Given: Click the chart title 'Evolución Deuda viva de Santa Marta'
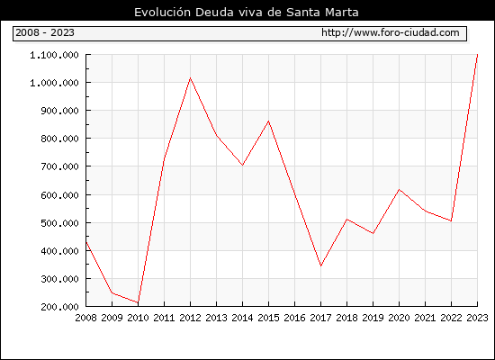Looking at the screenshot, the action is click(x=247, y=13).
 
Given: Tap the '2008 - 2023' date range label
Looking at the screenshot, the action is click(x=45, y=32).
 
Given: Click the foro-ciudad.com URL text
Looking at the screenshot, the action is click(x=391, y=32).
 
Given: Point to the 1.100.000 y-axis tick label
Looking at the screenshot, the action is click(x=54, y=55).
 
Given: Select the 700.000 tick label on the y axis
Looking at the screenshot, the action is click(x=59, y=166).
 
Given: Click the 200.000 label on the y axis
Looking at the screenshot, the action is click(x=59, y=307).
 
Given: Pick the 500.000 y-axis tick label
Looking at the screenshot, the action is click(x=59, y=223).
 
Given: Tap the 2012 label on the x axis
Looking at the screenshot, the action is click(x=190, y=318).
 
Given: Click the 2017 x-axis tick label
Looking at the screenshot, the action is click(x=320, y=318).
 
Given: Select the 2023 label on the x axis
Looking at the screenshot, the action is click(x=477, y=318).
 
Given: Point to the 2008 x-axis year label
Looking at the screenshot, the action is click(x=85, y=318).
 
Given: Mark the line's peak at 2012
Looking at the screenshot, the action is click(x=190, y=77).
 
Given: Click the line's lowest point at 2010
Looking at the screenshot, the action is click(x=138, y=302).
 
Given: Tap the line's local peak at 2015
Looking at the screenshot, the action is click(x=269, y=121).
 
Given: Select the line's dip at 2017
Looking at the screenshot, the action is click(x=320, y=265).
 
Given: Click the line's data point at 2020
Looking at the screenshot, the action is click(x=399, y=190).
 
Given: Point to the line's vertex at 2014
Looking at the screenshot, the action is click(x=242, y=166).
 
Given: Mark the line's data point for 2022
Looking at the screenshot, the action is click(x=451, y=221).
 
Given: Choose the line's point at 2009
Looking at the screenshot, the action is click(x=112, y=292).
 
